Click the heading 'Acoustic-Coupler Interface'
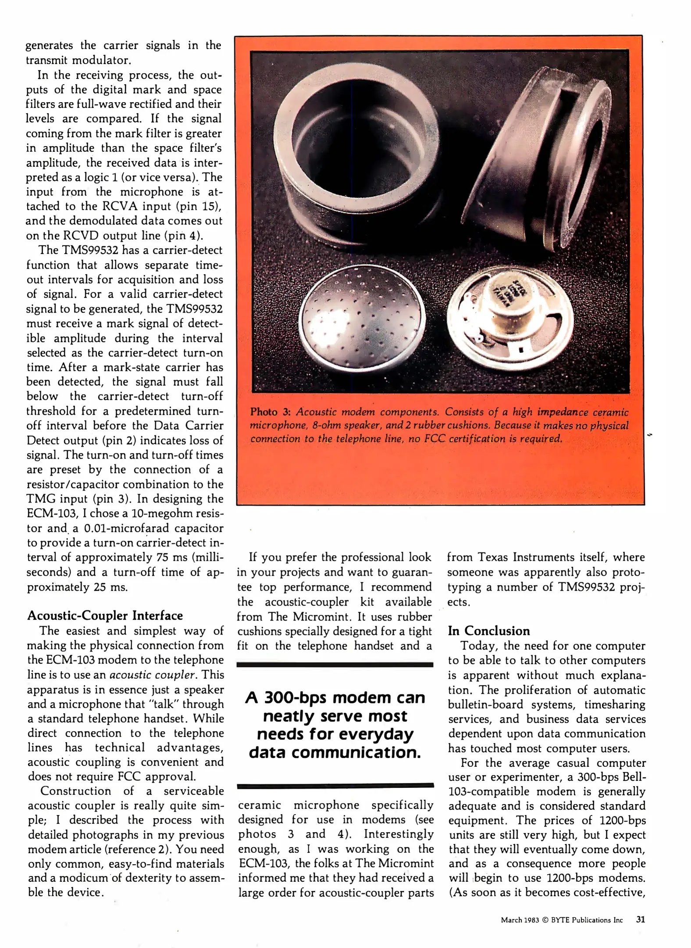point(105,615)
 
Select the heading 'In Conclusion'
point(488,631)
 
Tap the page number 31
point(640,919)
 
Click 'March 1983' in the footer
point(520,920)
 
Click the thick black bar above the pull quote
point(335,665)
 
